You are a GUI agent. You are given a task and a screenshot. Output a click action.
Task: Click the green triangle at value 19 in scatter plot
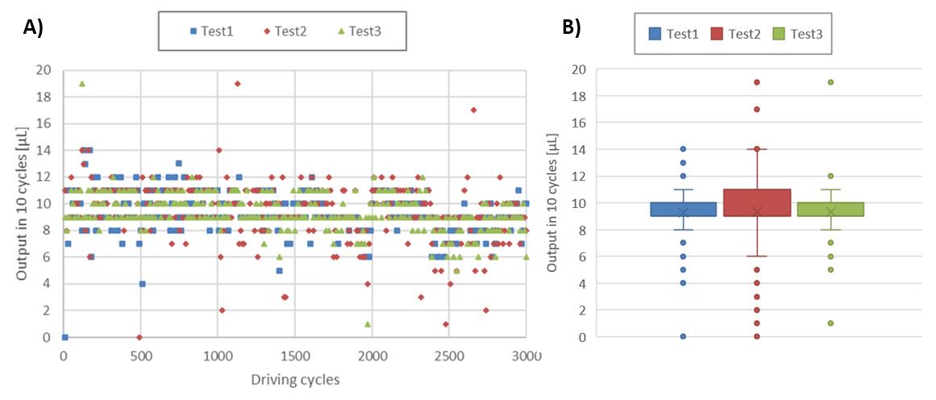click(81, 83)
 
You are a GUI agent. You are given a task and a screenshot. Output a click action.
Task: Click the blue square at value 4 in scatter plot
click(142, 284)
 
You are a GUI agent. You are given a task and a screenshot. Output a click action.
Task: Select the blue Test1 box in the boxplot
click(683, 209)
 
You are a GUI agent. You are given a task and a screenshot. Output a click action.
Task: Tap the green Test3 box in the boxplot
click(830, 209)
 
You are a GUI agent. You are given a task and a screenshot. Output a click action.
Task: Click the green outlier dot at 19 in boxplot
click(830, 82)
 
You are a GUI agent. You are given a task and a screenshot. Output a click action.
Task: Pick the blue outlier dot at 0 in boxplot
click(683, 336)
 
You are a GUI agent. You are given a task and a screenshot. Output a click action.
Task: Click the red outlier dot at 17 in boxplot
click(757, 109)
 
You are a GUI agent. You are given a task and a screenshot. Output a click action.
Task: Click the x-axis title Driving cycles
click(294, 380)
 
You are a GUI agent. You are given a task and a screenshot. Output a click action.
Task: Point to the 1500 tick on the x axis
click(294, 355)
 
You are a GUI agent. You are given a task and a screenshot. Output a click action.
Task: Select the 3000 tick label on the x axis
click(526, 355)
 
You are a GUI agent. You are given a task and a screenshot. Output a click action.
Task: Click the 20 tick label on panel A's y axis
click(44, 70)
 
